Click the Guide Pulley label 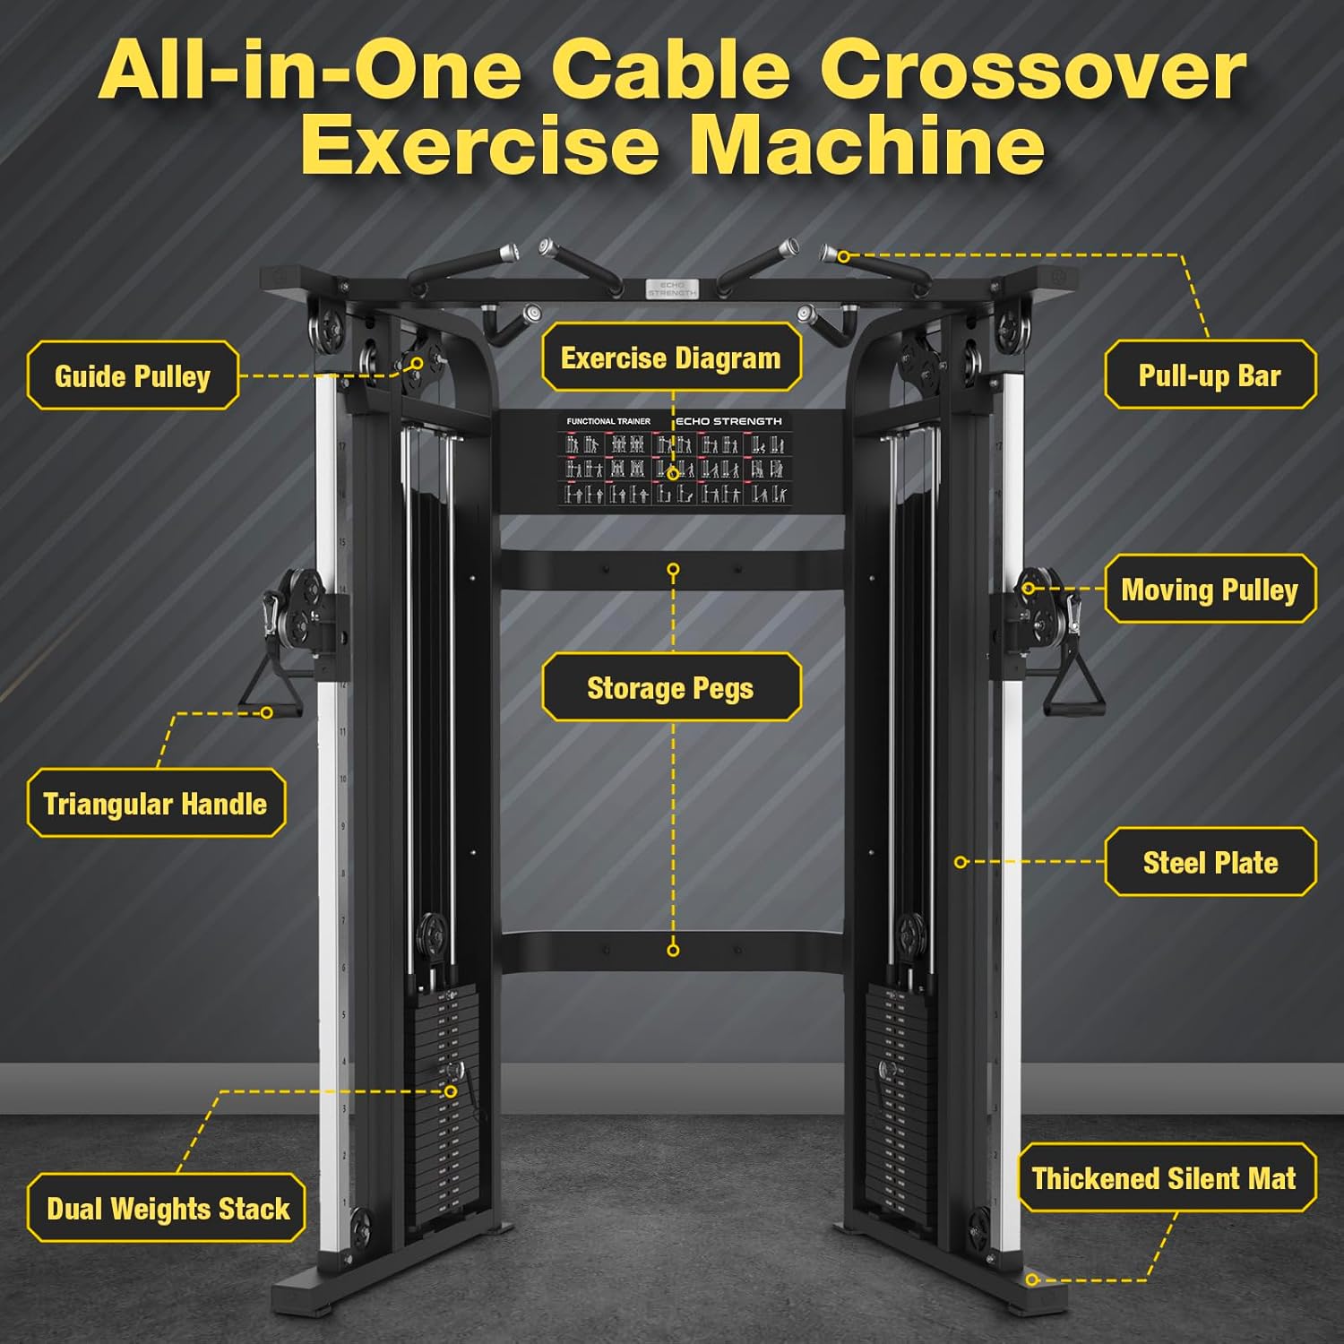click(133, 376)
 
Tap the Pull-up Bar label click(1210, 375)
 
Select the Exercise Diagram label click(670, 358)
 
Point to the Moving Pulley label click(1210, 590)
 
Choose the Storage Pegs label click(670, 688)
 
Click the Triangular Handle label click(155, 804)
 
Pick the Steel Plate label click(1210, 863)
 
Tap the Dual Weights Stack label click(168, 1209)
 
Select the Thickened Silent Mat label click(1164, 1178)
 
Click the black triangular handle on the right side click(1073, 690)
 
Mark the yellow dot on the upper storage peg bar click(673, 570)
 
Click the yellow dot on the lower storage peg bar click(673, 950)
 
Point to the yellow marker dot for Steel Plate click(961, 862)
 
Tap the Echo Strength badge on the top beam click(672, 289)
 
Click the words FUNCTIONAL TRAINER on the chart click(608, 421)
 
